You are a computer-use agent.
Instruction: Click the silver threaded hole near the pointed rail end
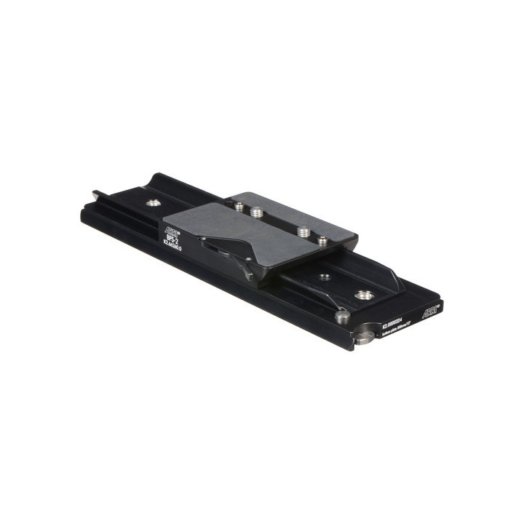point(153,203)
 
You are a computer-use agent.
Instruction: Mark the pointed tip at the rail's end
point(95,194)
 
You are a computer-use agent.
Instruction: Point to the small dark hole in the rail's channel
point(325,277)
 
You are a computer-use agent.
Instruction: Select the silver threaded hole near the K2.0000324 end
point(364,295)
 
